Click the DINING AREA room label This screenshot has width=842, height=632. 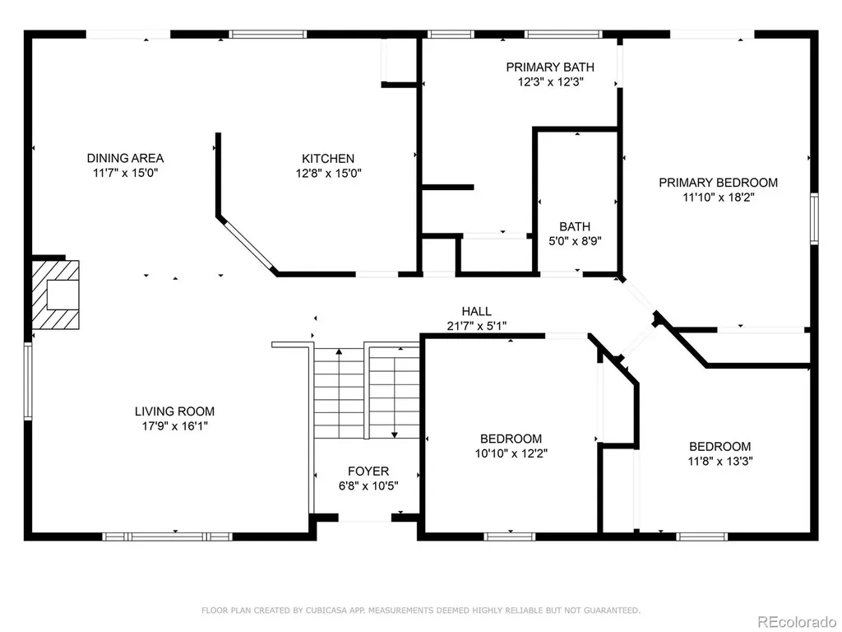tap(125, 158)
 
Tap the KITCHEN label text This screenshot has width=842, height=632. tap(328, 159)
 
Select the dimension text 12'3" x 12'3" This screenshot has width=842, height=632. tap(550, 81)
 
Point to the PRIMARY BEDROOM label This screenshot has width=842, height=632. tap(718, 182)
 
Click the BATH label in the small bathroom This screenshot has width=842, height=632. tap(575, 226)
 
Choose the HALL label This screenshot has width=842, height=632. tap(476, 311)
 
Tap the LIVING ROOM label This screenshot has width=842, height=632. tap(174, 411)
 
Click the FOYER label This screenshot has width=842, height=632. tap(368, 472)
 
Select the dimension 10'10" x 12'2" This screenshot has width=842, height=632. tap(511, 453)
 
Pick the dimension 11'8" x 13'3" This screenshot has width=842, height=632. tap(720, 461)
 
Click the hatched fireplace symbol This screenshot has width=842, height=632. tap(56, 295)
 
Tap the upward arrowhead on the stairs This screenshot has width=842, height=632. tap(339, 352)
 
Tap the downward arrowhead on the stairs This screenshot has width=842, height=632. tap(395, 434)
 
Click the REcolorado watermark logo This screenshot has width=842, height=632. tap(797, 622)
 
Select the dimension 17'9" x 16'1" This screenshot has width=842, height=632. tap(174, 426)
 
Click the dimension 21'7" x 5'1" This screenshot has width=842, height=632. tap(476, 326)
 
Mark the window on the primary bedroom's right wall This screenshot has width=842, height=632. tap(814, 219)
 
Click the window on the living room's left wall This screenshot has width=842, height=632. tap(28, 381)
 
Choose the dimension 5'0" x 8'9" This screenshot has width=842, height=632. tap(575, 241)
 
